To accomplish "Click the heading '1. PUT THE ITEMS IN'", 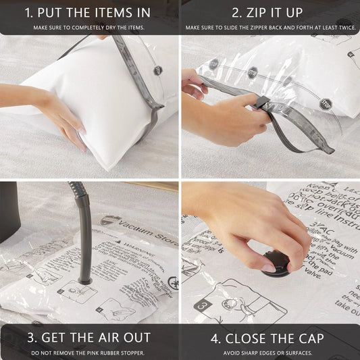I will click(89, 12).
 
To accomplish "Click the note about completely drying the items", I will click(89, 28).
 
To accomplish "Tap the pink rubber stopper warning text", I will click(89, 353).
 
